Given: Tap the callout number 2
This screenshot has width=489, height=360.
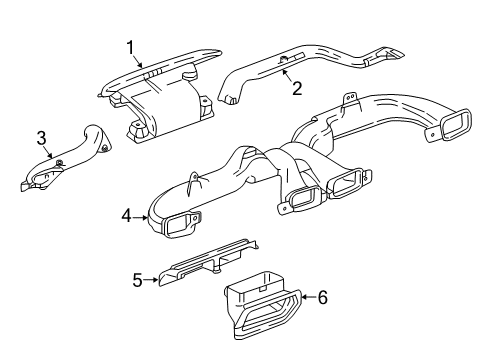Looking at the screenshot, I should point(297,88).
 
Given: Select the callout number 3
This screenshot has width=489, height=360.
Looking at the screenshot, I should point(42,137).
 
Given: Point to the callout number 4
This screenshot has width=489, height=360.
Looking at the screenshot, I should point(127,213).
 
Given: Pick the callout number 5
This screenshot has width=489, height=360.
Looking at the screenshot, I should point(137,280).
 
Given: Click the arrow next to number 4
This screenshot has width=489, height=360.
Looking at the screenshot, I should point(143,213).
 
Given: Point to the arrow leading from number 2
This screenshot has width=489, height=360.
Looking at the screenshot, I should point(287,76).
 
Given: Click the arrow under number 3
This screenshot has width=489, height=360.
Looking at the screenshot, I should point(49,152).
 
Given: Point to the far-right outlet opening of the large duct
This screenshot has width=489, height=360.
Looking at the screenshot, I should point(457,127).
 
